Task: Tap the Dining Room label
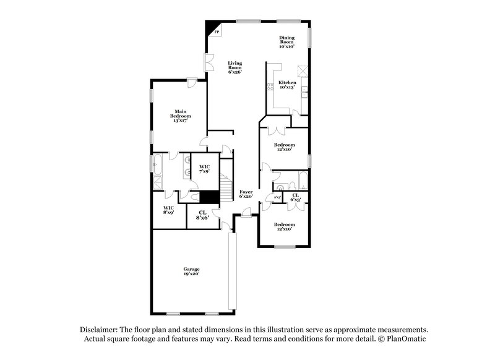pos(286,42)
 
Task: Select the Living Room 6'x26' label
pos(235,67)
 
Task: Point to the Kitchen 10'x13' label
pos(287,85)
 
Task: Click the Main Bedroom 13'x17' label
pos(181,116)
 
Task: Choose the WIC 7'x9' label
pos(205,169)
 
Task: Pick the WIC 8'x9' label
pos(169,210)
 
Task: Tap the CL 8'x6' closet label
pos(203,215)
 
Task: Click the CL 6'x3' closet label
pos(296,197)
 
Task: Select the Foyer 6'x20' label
pos(246,194)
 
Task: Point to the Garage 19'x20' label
pos(191,271)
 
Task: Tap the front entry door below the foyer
pos(246,214)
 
